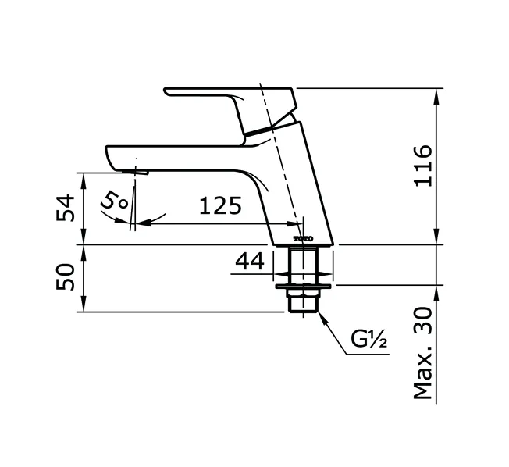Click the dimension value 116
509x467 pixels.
pos(422,166)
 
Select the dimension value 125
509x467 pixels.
pos(219,206)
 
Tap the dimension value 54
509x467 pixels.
pos(69,208)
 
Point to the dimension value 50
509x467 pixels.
pos(69,277)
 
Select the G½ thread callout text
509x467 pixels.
pos(369,340)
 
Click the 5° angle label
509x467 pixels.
pos(116,201)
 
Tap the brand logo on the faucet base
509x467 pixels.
pos(303,237)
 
